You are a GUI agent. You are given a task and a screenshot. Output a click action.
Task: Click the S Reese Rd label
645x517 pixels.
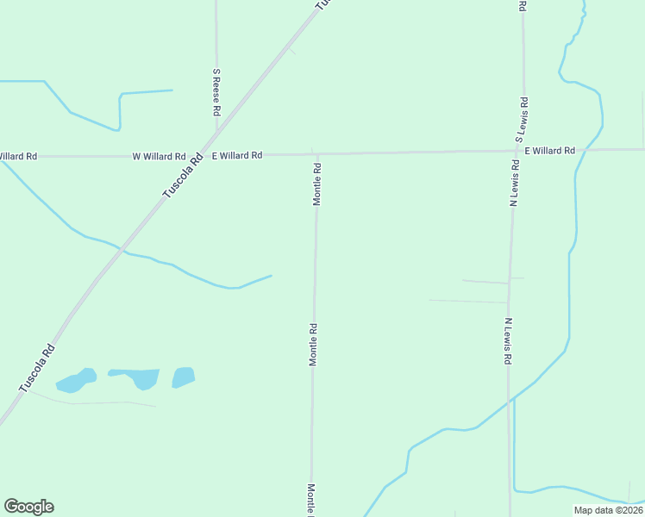pyautogui.click(x=216, y=93)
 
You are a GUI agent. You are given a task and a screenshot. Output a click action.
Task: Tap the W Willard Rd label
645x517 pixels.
pyautogui.click(x=159, y=157)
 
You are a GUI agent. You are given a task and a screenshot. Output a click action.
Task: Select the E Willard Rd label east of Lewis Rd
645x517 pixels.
pyautogui.click(x=549, y=151)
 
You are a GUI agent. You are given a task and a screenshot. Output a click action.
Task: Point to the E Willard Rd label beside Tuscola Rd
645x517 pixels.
pyautogui.click(x=237, y=156)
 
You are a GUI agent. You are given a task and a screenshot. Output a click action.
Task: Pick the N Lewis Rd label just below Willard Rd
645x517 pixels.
pyautogui.click(x=515, y=184)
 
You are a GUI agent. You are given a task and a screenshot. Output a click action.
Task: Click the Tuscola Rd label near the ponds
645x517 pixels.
pyautogui.click(x=37, y=369)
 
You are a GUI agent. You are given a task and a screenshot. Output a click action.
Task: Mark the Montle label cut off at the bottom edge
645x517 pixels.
pyautogui.click(x=311, y=499)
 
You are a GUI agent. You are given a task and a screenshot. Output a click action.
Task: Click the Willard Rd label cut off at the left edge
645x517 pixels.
pyautogui.click(x=18, y=157)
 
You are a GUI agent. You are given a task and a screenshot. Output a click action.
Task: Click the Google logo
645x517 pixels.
pyautogui.click(x=28, y=507)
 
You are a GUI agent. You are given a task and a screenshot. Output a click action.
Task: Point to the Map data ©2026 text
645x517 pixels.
pyautogui.click(x=608, y=510)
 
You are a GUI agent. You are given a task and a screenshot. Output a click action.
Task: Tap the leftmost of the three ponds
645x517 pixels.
pyautogui.click(x=76, y=380)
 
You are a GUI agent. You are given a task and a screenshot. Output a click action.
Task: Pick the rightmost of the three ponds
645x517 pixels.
pyautogui.click(x=183, y=377)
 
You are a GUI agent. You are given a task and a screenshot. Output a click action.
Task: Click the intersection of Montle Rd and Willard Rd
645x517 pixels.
pyautogui.click(x=316, y=154)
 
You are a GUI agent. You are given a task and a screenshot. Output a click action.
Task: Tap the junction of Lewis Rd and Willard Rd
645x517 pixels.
pyautogui.click(x=518, y=151)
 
